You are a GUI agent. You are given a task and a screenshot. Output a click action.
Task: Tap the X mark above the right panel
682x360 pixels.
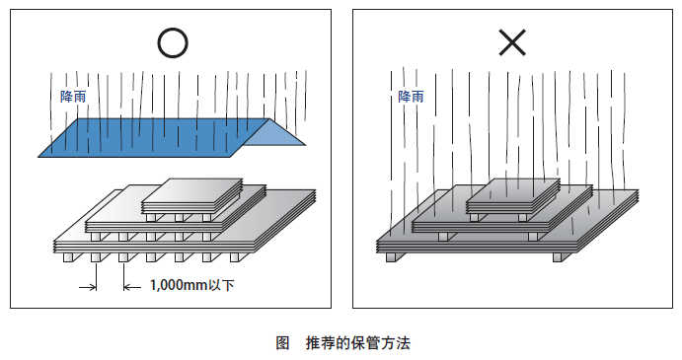pos(511,41)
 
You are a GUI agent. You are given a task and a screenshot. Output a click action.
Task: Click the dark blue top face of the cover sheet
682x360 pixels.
pos(148,137)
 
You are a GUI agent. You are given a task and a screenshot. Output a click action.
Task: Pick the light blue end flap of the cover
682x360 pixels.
pos(278,139)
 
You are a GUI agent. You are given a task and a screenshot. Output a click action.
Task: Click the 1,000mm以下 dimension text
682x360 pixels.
pos(191,286)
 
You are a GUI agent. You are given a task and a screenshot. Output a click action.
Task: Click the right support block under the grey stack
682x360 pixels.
pos(559,256)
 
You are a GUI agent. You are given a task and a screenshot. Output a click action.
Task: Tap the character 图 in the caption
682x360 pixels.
pos(282,343)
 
